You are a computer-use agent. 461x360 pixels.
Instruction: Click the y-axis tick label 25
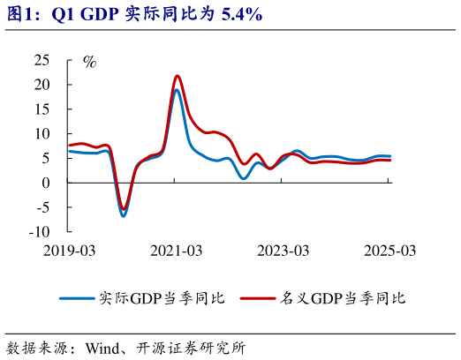click(x=42, y=60)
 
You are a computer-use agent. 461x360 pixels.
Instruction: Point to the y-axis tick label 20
click(x=42, y=85)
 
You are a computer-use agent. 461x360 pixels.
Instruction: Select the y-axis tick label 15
click(x=42, y=109)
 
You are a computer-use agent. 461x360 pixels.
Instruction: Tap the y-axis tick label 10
click(x=42, y=133)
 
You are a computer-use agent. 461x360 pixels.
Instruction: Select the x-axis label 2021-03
click(x=176, y=251)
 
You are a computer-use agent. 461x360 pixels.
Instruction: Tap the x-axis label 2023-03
click(x=283, y=251)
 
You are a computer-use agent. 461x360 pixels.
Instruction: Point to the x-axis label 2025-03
click(x=389, y=251)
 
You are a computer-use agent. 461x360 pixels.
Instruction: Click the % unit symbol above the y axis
click(x=89, y=62)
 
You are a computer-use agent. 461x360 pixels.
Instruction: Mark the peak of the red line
click(x=178, y=76)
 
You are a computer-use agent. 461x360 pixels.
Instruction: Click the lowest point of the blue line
click(x=124, y=215)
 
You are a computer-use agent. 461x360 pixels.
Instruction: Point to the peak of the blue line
click(x=177, y=90)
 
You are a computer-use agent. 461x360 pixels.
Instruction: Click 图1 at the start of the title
click(x=19, y=15)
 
